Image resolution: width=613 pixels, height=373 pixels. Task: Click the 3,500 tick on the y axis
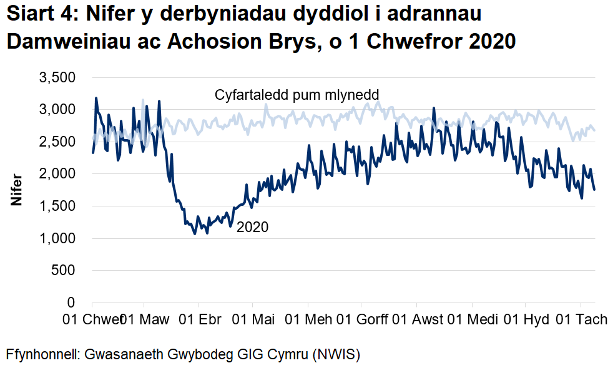pos(57,78)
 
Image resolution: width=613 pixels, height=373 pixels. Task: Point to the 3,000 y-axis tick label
pos(57,110)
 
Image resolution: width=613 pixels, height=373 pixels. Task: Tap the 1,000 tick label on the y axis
pos(57,238)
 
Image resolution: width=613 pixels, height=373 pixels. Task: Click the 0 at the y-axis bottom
pos(71,303)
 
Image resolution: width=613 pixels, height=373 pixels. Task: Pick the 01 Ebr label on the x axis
pos(200,320)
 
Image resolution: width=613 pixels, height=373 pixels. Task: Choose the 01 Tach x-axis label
pos(582,320)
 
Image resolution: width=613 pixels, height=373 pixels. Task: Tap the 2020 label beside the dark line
pos(252,227)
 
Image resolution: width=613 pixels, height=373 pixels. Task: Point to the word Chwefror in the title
pos(406,42)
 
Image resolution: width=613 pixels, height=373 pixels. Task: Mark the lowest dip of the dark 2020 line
pos(195,234)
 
